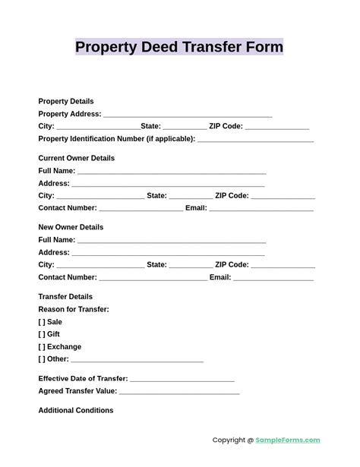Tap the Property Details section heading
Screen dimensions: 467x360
(66, 101)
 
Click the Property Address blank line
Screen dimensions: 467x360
(188, 115)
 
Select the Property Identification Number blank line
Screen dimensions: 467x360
(255, 140)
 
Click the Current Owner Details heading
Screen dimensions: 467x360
(77, 158)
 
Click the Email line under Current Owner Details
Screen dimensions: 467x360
(261, 209)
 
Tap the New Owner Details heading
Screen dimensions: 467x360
(71, 227)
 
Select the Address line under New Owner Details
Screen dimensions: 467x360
(168, 254)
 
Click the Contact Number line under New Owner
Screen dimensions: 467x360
(153, 279)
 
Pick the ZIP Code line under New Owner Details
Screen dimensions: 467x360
(283, 267)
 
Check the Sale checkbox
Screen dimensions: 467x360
(42, 322)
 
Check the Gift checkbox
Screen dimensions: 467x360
(42, 334)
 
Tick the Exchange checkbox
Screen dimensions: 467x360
(42, 347)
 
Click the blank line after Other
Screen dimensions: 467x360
(137, 361)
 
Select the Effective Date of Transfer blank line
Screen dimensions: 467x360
(182, 380)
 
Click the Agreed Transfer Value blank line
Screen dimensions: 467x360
(179, 393)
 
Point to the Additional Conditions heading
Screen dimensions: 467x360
(76, 411)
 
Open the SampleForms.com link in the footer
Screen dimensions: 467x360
(288, 440)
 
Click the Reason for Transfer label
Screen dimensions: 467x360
(74, 309)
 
